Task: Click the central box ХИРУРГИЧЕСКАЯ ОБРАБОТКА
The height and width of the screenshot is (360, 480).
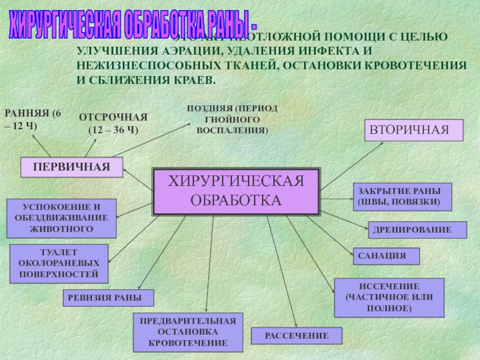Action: [x=236, y=191]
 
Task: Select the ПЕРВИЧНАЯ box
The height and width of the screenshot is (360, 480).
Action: [x=71, y=167]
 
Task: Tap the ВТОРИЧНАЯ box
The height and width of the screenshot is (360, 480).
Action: [x=414, y=130]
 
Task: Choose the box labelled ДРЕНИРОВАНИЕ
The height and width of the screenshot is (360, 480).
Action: [x=417, y=230]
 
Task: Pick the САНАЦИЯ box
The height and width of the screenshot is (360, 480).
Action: [x=385, y=256]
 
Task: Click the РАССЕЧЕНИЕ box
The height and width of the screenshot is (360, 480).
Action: [x=296, y=336]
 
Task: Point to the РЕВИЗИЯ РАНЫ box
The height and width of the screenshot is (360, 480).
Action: [x=109, y=298]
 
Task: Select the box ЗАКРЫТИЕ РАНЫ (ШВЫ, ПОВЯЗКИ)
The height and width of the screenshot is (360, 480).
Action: [x=402, y=197]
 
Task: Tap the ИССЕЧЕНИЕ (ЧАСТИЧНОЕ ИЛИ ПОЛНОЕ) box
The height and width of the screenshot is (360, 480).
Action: [x=389, y=298]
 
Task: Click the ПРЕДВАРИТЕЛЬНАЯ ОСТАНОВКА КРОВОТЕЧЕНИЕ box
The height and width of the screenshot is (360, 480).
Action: [x=188, y=332]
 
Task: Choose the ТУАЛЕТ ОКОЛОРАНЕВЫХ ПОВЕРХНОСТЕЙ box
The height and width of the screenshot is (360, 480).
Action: [x=58, y=263]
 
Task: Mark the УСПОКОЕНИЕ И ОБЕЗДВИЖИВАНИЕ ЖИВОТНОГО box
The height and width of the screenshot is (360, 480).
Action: [x=58, y=217]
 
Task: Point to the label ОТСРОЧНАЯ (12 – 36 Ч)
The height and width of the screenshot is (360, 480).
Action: [x=113, y=123]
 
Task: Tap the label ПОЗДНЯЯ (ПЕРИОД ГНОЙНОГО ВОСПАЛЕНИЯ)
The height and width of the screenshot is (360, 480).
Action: [x=232, y=118]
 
